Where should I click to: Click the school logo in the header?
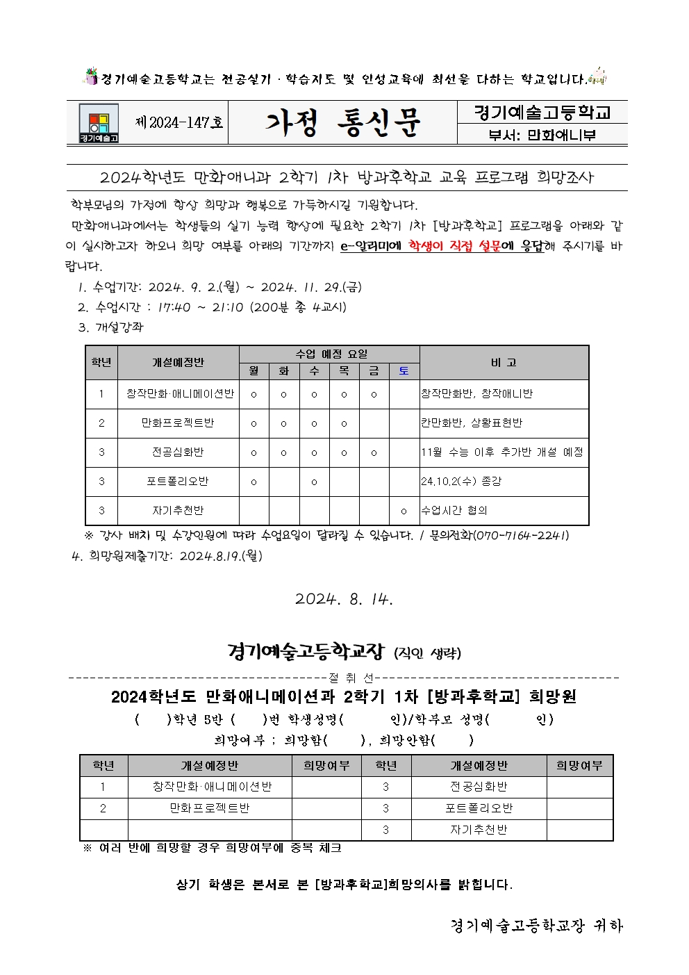[x=99, y=123]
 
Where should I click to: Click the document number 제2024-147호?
[x=179, y=123]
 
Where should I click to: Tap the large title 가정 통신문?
[x=342, y=123]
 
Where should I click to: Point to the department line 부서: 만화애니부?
[x=542, y=135]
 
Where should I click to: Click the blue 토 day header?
[x=404, y=371]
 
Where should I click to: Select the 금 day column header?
[x=374, y=371]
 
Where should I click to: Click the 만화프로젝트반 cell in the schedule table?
[x=178, y=423]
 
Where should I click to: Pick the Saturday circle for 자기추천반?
[x=404, y=511]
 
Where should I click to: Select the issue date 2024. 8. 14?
[x=344, y=599]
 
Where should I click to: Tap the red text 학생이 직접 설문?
[x=454, y=245]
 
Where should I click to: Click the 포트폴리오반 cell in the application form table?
[x=479, y=808]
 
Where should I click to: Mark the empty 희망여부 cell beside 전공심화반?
[x=579, y=787]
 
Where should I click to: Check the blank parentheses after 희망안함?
[x=453, y=740]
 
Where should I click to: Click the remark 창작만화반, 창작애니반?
[x=476, y=393]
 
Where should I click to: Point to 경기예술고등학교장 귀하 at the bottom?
[x=536, y=926]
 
